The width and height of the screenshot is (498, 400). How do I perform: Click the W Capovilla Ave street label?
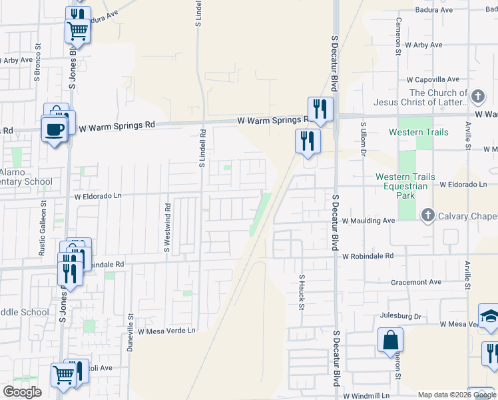pyautogui.click(x=435, y=79)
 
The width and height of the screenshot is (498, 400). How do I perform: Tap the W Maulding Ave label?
pyautogui.click(x=369, y=220)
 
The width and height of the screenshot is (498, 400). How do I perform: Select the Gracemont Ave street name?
pyautogui.click(x=416, y=282)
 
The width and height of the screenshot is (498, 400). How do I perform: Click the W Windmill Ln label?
pyautogui.click(x=366, y=395)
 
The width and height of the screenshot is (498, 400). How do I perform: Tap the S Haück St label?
pyautogui.click(x=302, y=292)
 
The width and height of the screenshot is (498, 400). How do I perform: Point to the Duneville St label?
pyautogui.click(x=130, y=333)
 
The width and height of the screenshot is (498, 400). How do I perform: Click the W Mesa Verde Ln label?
pyautogui.click(x=167, y=331)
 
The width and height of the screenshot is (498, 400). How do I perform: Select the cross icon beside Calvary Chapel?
pyautogui.click(x=427, y=215)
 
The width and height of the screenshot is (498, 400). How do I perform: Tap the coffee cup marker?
pyautogui.click(x=53, y=128)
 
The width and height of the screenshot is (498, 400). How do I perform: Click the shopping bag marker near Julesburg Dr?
pyautogui.click(x=390, y=340)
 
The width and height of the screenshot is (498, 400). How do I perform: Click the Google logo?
pyautogui.click(x=22, y=392)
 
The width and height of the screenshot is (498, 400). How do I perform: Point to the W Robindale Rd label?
pyautogui.click(x=368, y=255)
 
